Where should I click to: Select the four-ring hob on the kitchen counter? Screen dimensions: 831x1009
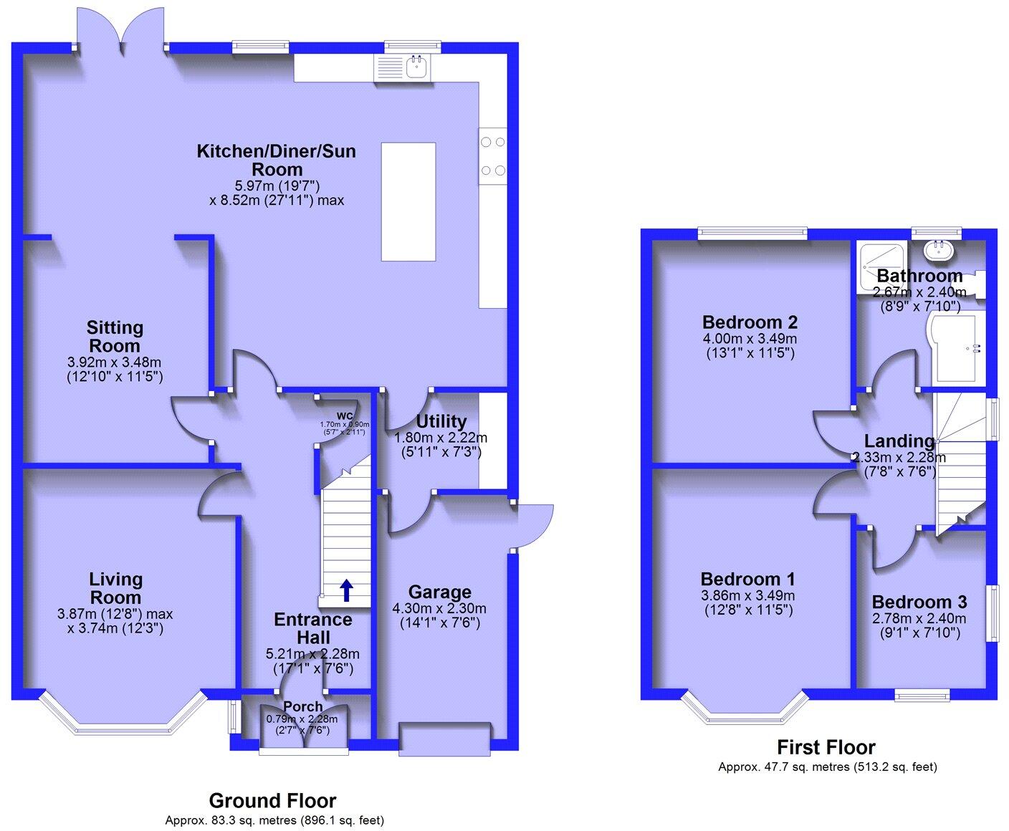tap(492, 156)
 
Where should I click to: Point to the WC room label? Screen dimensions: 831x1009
tap(346, 415)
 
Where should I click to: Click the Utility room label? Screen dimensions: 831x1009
tap(441, 421)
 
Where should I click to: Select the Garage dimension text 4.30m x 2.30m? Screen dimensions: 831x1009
tap(439, 608)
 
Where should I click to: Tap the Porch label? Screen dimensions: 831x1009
tap(302, 706)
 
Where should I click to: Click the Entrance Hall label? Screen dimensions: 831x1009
tap(313, 628)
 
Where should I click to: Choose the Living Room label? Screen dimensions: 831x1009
tap(115, 587)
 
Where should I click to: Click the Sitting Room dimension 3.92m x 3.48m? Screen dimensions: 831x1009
tap(115, 361)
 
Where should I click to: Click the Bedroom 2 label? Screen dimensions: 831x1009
tap(750, 322)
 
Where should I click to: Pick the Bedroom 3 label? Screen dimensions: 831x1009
tap(919, 602)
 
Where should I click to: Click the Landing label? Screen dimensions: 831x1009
tap(899, 441)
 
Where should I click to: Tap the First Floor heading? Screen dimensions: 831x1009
tap(827, 747)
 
